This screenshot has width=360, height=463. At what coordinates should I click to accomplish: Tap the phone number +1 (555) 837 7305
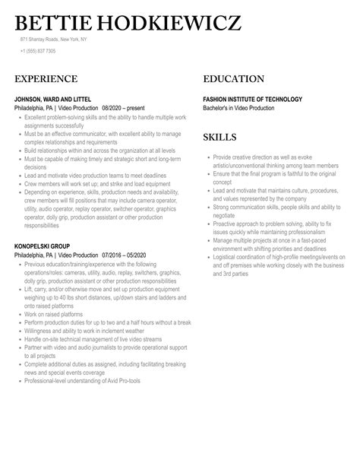[38, 51]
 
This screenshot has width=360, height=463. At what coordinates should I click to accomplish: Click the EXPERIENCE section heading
[46, 79]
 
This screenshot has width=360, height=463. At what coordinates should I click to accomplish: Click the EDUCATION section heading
[234, 79]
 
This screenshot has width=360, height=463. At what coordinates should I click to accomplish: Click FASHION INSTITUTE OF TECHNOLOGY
[253, 99]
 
